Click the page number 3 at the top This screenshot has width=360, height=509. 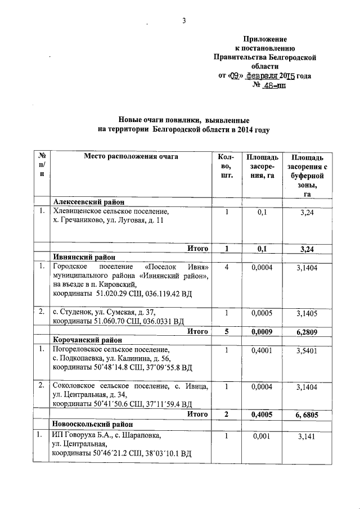[x=183, y=21]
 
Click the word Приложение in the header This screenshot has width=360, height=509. [x=265, y=39]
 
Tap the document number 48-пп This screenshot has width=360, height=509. [x=274, y=85]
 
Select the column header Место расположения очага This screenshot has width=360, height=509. [x=131, y=156]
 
